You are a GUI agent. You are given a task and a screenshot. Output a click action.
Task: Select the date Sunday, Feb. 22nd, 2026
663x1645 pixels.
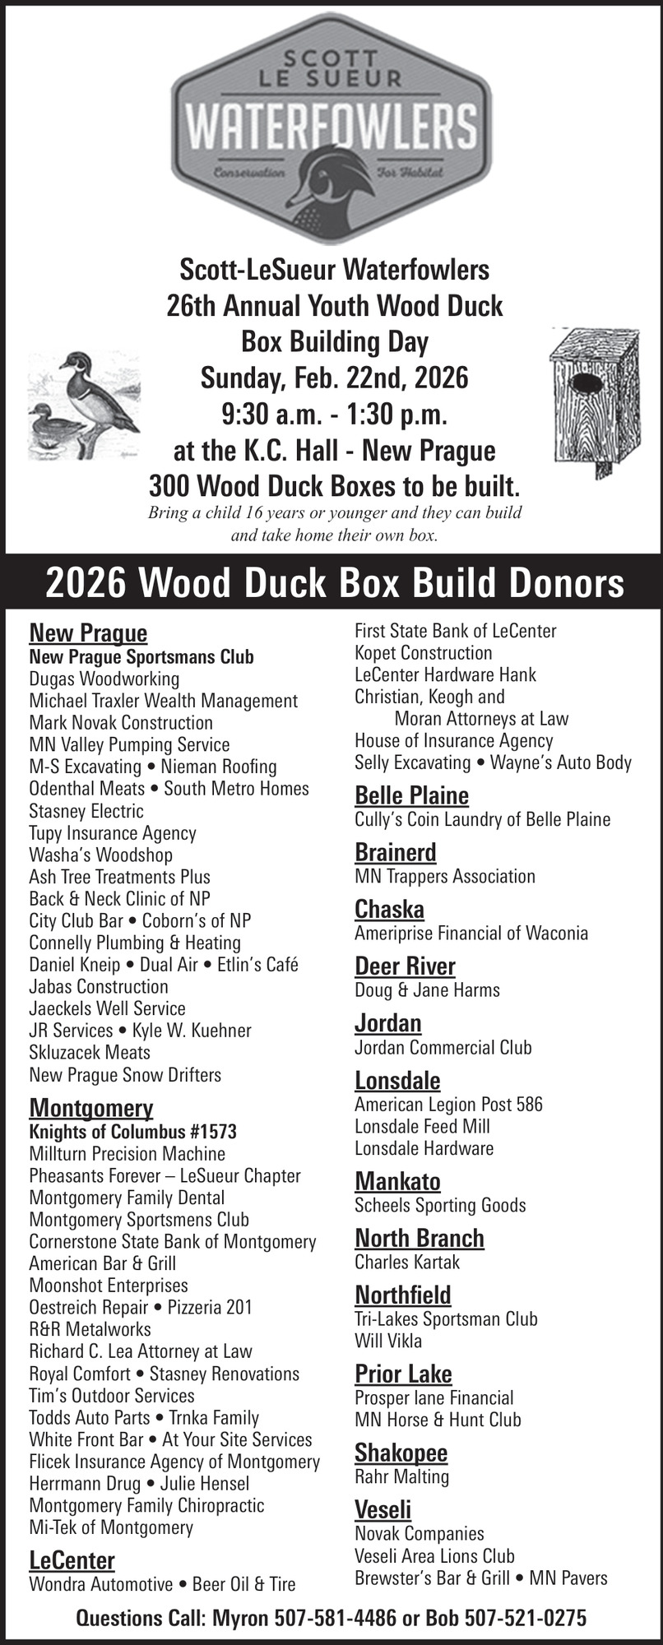click(334, 378)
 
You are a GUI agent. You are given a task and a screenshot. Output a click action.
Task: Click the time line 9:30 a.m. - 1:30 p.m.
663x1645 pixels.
click(334, 414)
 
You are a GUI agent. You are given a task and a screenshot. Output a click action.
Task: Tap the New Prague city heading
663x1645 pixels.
click(88, 633)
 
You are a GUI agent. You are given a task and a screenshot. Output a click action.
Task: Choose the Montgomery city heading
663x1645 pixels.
click(90, 1107)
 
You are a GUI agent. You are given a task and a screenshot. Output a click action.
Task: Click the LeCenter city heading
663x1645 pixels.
click(72, 1560)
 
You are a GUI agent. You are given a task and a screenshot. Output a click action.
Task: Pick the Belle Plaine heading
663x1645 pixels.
click(411, 795)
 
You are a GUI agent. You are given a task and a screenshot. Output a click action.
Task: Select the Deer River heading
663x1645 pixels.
click(405, 966)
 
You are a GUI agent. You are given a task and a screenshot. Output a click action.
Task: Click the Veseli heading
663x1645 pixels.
click(382, 1509)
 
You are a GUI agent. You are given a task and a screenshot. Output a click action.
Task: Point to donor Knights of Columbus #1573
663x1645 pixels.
click(132, 1131)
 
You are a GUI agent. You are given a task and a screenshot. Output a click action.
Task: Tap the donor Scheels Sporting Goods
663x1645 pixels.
click(440, 1205)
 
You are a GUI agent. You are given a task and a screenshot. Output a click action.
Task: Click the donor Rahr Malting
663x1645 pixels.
click(401, 1476)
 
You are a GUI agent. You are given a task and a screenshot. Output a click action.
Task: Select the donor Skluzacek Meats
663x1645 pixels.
click(90, 1052)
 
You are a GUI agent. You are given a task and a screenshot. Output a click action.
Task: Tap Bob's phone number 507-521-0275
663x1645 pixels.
click(525, 1618)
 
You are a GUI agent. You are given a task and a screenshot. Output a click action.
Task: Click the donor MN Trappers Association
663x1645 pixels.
click(444, 876)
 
